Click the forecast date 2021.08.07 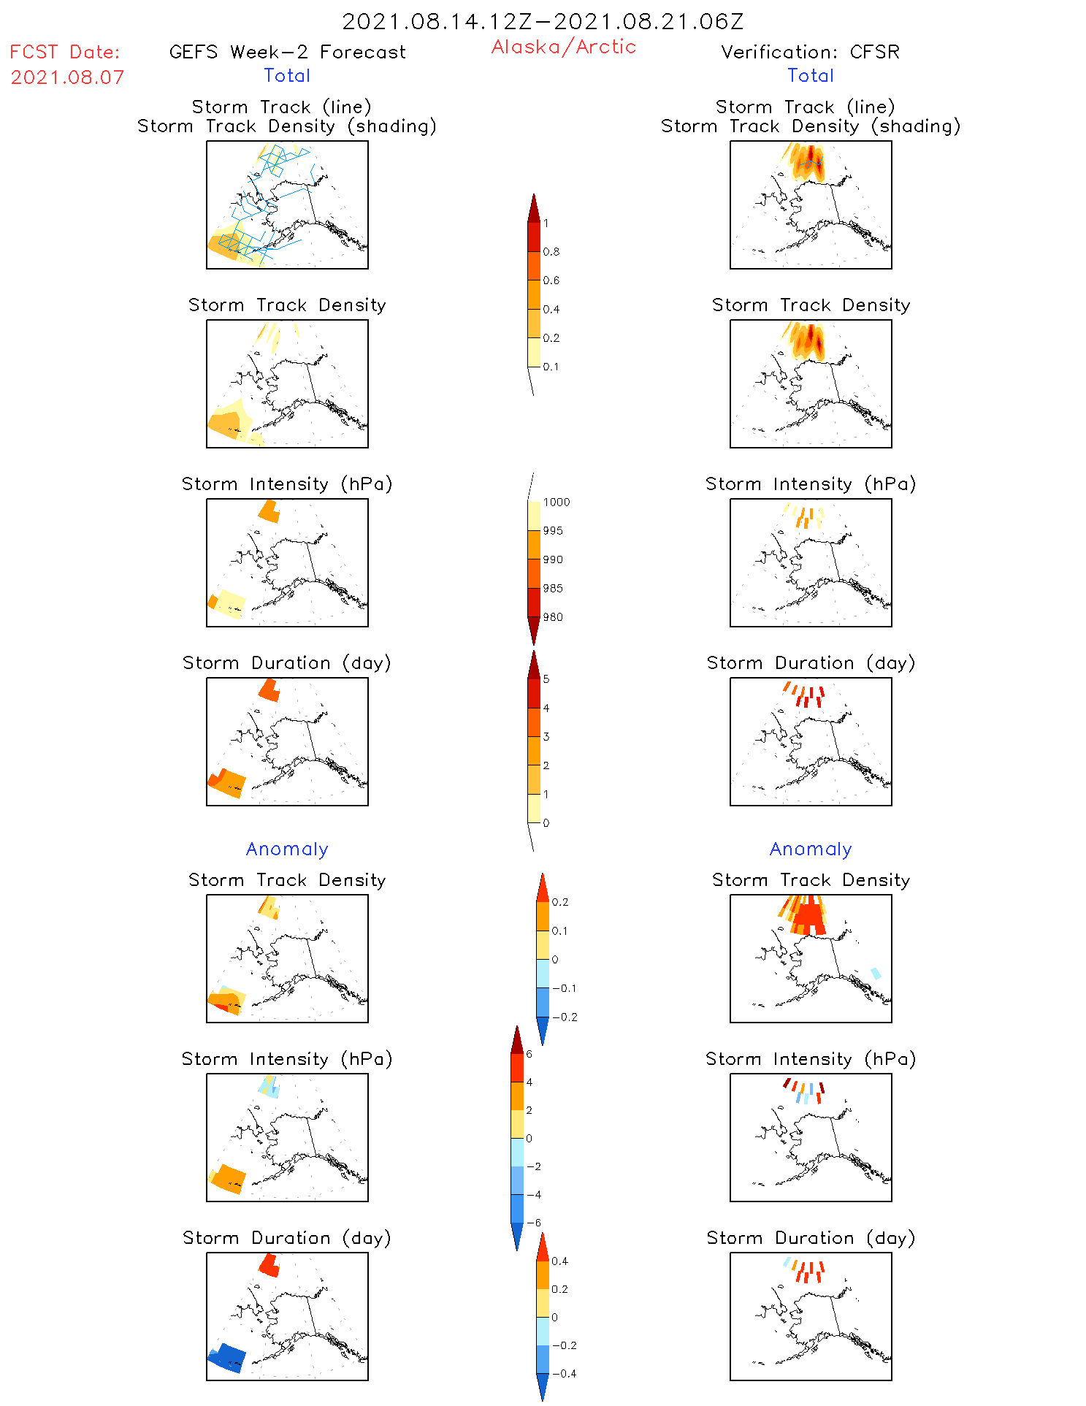(x=67, y=77)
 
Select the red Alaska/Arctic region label (x=563, y=47)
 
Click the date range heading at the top (x=543, y=21)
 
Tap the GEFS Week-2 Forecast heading (x=287, y=52)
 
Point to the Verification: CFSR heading (x=810, y=52)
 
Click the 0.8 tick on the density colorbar (x=551, y=252)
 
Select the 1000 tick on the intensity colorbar (x=556, y=503)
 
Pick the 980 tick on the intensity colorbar (x=553, y=617)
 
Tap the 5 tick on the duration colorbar (x=546, y=679)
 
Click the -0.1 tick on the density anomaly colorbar (x=564, y=988)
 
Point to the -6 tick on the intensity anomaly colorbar (x=534, y=1223)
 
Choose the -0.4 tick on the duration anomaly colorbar (x=564, y=1373)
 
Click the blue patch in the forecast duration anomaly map (x=228, y=1358)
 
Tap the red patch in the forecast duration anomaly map (x=269, y=1265)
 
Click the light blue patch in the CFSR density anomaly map (x=876, y=973)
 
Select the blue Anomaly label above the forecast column (x=287, y=849)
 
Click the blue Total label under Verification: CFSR (x=810, y=75)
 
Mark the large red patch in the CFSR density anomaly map (x=809, y=917)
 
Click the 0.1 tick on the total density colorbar (x=551, y=367)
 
